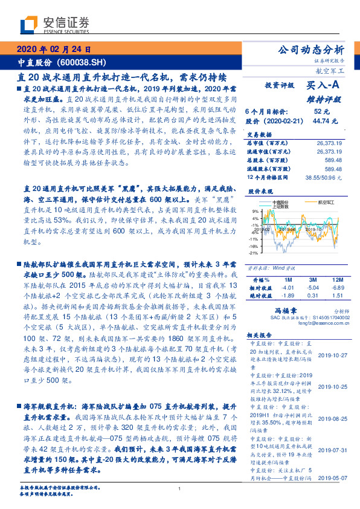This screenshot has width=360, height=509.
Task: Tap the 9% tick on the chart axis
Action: (256, 211)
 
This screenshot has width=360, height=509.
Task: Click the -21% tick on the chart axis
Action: (254, 253)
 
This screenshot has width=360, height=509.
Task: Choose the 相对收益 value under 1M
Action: (288, 288)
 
